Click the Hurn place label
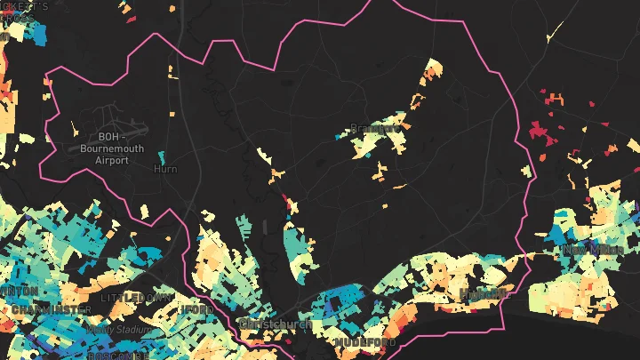pos(165,169)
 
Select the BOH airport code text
pos(108,137)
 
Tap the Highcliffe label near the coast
pos(483,293)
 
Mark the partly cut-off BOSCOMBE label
pos(117,356)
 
